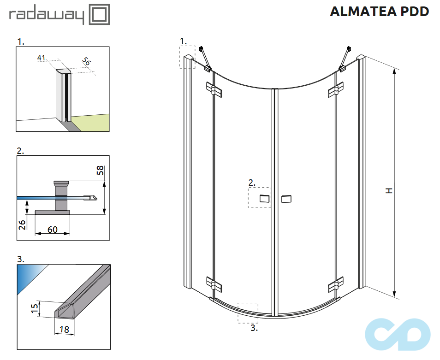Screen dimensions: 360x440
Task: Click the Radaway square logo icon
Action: (99, 15)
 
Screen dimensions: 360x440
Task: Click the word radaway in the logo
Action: (47, 16)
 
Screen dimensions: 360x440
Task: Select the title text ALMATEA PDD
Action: (379, 12)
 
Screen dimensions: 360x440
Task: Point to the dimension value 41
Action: (42, 58)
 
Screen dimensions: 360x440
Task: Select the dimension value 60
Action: (52, 229)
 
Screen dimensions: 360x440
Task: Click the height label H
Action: (389, 190)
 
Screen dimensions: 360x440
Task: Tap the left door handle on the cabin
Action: (264, 199)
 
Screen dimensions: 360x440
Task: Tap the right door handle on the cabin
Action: (286, 199)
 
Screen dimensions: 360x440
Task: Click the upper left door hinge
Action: (214, 89)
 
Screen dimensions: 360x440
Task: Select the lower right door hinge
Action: (336, 284)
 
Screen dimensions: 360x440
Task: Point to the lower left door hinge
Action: (214, 284)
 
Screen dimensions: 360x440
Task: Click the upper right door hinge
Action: (336, 89)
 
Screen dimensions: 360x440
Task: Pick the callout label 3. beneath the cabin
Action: (254, 328)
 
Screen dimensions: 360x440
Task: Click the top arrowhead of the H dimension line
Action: (394, 71)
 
